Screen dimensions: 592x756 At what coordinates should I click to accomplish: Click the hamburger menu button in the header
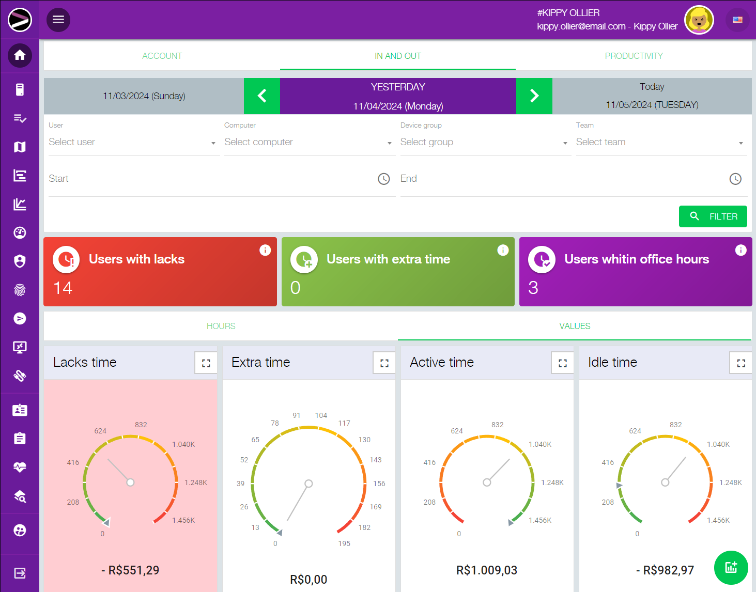(x=58, y=20)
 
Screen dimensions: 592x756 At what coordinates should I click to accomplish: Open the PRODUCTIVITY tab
(x=634, y=56)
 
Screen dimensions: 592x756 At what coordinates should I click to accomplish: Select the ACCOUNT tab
(x=162, y=56)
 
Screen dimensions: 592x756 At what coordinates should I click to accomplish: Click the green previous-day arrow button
(x=262, y=96)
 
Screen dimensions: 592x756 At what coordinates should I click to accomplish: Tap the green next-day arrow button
(x=534, y=96)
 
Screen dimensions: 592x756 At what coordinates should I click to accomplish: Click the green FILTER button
(x=713, y=216)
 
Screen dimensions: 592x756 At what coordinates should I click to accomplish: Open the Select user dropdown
(x=132, y=142)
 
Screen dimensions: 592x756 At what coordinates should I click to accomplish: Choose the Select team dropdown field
(x=660, y=142)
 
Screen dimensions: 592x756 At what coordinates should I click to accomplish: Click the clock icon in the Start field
(x=384, y=179)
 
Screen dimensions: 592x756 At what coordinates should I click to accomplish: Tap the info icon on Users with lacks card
(x=265, y=250)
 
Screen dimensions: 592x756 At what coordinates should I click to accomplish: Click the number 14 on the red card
(x=63, y=288)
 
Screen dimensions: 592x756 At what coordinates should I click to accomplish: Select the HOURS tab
(x=221, y=326)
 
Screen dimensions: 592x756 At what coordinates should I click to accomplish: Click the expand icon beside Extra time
(x=384, y=363)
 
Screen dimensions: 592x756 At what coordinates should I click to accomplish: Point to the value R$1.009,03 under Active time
(x=487, y=570)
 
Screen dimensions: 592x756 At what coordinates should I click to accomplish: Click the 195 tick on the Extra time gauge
(x=344, y=543)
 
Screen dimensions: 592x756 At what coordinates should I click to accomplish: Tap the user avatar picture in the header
(x=699, y=20)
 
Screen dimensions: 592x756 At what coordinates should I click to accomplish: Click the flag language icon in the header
(x=737, y=20)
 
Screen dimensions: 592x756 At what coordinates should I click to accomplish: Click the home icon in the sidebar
(x=20, y=55)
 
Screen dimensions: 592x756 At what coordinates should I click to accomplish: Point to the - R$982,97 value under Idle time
(x=665, y=570)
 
